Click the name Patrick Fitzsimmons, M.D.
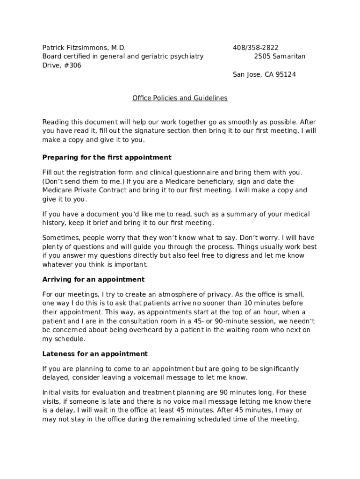(x=84, y=48)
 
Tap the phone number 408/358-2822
(x=255, y=48)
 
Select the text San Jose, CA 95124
(x=264, y=74)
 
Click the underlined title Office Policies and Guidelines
(x=180, y=98)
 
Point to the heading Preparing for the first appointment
(x=107, y=157)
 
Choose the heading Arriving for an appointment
(x=94, y=279)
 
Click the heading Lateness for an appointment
(x=95, y=354)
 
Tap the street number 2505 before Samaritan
(x=263, y=57)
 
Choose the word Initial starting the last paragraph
(x=51, y=392)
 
